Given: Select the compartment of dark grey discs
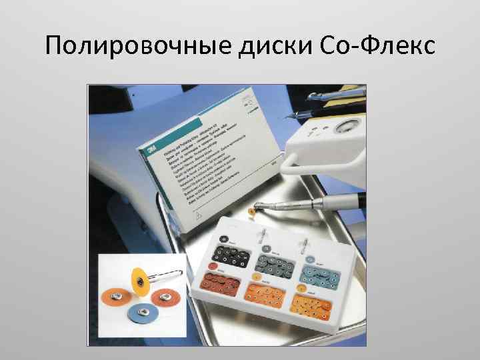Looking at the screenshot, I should tap(277, 261).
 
